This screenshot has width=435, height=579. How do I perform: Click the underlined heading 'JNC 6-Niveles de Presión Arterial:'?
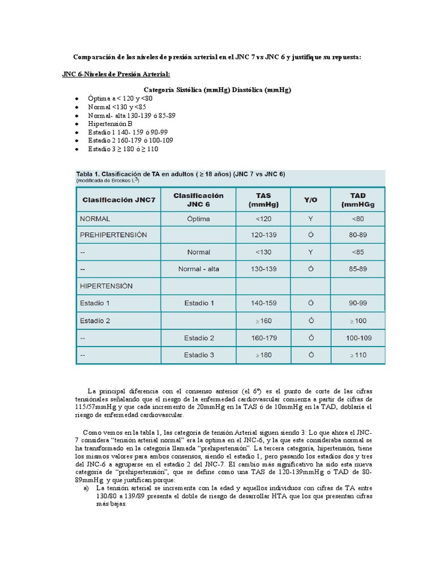[116, 74]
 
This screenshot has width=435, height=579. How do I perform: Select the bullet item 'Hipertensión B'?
[110, 123]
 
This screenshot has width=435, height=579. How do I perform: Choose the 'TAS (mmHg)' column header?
[263, 200]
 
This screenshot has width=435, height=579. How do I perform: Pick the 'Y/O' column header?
[310, 200]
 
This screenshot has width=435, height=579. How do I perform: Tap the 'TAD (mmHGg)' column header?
[357, 200]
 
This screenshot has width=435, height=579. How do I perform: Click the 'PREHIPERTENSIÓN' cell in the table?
[114, 235]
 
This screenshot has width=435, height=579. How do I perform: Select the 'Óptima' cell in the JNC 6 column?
[198, 218]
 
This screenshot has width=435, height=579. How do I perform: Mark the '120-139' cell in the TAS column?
[263, 235]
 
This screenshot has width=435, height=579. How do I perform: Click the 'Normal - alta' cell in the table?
[198, 269]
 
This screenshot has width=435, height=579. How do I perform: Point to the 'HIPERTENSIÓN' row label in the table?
[108, 286]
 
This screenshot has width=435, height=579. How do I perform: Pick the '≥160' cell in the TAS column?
[263, 321]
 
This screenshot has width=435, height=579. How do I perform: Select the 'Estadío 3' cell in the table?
[199, 356]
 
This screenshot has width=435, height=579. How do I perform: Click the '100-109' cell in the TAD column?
[357, 338]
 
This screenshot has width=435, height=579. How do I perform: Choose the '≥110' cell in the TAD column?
[357, 356]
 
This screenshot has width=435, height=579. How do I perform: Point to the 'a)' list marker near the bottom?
[86, 487]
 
